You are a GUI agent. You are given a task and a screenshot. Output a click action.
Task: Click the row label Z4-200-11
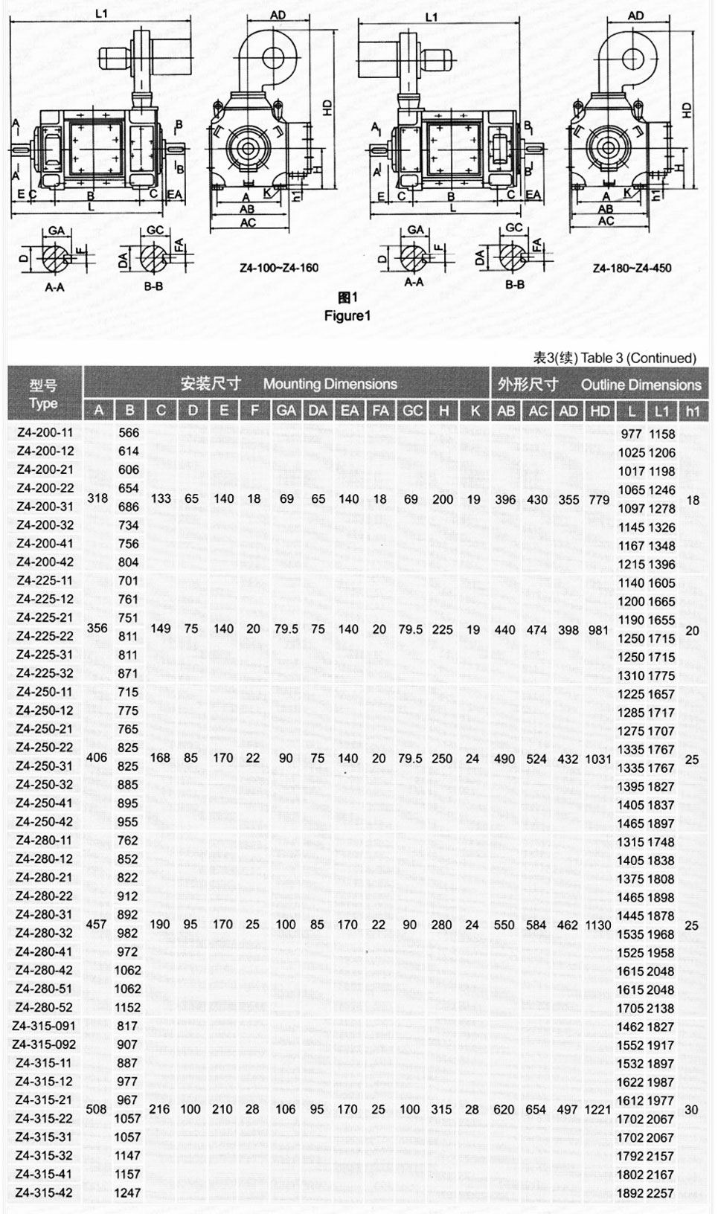point(45,433)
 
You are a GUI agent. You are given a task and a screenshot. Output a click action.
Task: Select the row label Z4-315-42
point(45,1193)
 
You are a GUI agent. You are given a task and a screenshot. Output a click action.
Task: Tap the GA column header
point(286,411)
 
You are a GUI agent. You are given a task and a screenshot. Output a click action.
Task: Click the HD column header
point(600,411)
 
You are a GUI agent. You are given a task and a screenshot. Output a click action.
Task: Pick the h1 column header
point(693,411)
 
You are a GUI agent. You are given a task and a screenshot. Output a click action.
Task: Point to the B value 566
point(129,433)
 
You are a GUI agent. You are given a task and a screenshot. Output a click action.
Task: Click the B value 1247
point(128,1193)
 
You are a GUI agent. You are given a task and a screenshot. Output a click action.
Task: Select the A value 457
point(97,924)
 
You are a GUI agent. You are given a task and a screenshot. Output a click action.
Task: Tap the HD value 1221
point(599,1109)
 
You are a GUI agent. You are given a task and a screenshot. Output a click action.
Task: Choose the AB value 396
point(506,499)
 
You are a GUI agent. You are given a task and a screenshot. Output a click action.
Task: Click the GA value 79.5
point(286,629)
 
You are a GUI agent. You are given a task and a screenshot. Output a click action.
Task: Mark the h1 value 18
point(693,500)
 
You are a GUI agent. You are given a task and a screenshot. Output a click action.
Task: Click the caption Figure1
point(347,315)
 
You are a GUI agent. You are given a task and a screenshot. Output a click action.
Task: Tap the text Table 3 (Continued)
point(638,358)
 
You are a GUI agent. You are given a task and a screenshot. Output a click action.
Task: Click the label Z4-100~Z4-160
point(280,268)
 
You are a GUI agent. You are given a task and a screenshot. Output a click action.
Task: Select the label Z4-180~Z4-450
point(632,268)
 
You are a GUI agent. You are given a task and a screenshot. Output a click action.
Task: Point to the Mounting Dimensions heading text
point(330,385)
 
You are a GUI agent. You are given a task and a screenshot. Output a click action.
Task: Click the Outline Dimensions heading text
point(641,385)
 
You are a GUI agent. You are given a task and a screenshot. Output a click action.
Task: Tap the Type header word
point(43,404)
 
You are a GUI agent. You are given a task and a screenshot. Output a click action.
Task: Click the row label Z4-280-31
point(45,915)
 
